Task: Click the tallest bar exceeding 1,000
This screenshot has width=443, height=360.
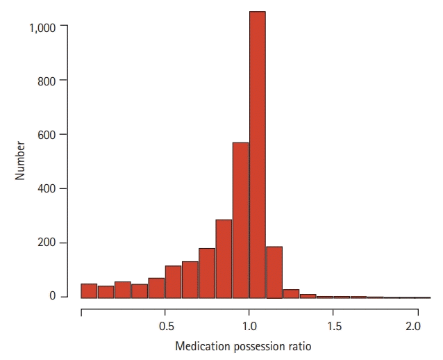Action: (x=257, y=154)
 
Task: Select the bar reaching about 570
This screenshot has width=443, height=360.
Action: (x=240, y=220)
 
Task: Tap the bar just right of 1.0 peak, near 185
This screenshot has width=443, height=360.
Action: (x=274, y=272)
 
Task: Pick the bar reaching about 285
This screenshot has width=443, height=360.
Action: (x=224, y=259)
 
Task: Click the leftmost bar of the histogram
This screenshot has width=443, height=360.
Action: (x=89, y=291)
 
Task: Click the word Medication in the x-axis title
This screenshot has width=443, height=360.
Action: (x=201, y=346)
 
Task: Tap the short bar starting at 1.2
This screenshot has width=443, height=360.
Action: (x=291, y=293)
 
